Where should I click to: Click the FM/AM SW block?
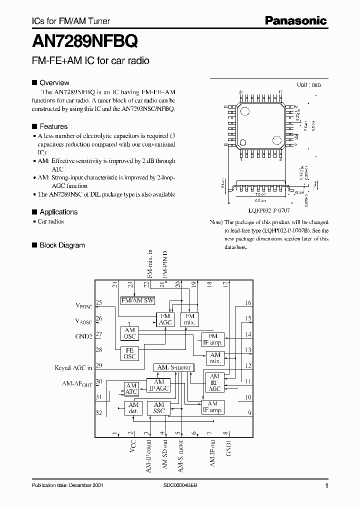coord(138,301)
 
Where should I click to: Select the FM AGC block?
coord(165,319)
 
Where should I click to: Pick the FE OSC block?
coord(130,354)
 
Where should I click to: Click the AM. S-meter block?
coord(173,367)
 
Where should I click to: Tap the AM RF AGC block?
coord(214,382)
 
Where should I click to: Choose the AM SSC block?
coord(159,408)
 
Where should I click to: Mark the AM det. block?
coord(133,408)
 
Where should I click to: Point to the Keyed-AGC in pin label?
coord(73,367)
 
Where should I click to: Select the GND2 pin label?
coord(83,336)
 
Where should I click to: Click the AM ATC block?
coord(131,389)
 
